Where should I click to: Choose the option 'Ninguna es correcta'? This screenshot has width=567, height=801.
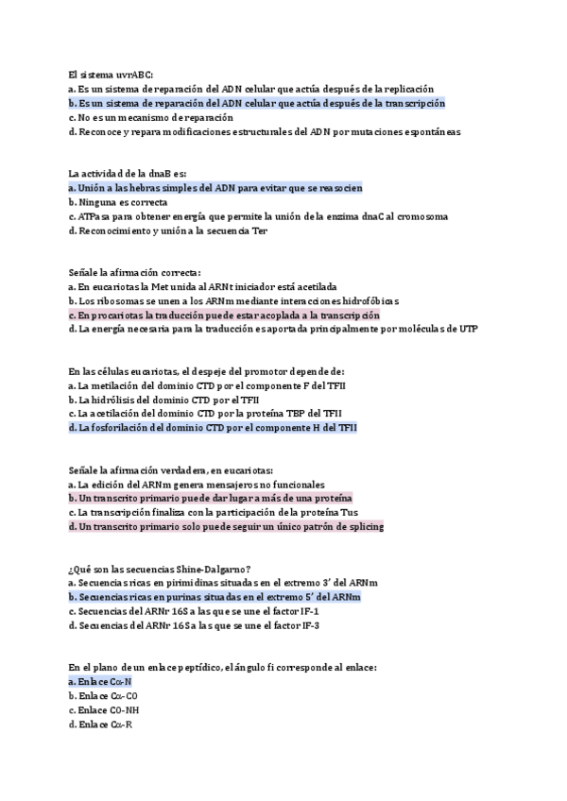(x=118, y=202)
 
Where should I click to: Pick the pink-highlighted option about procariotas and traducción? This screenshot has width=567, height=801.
(x=224, y=315)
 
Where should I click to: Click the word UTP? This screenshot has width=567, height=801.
(x=467, y=329)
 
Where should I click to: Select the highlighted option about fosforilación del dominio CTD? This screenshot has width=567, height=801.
(x=213, y=427)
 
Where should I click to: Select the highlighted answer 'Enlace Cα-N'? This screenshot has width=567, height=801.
(x=100, y=681)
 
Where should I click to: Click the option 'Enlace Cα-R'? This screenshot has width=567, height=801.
(x=105, y=724)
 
